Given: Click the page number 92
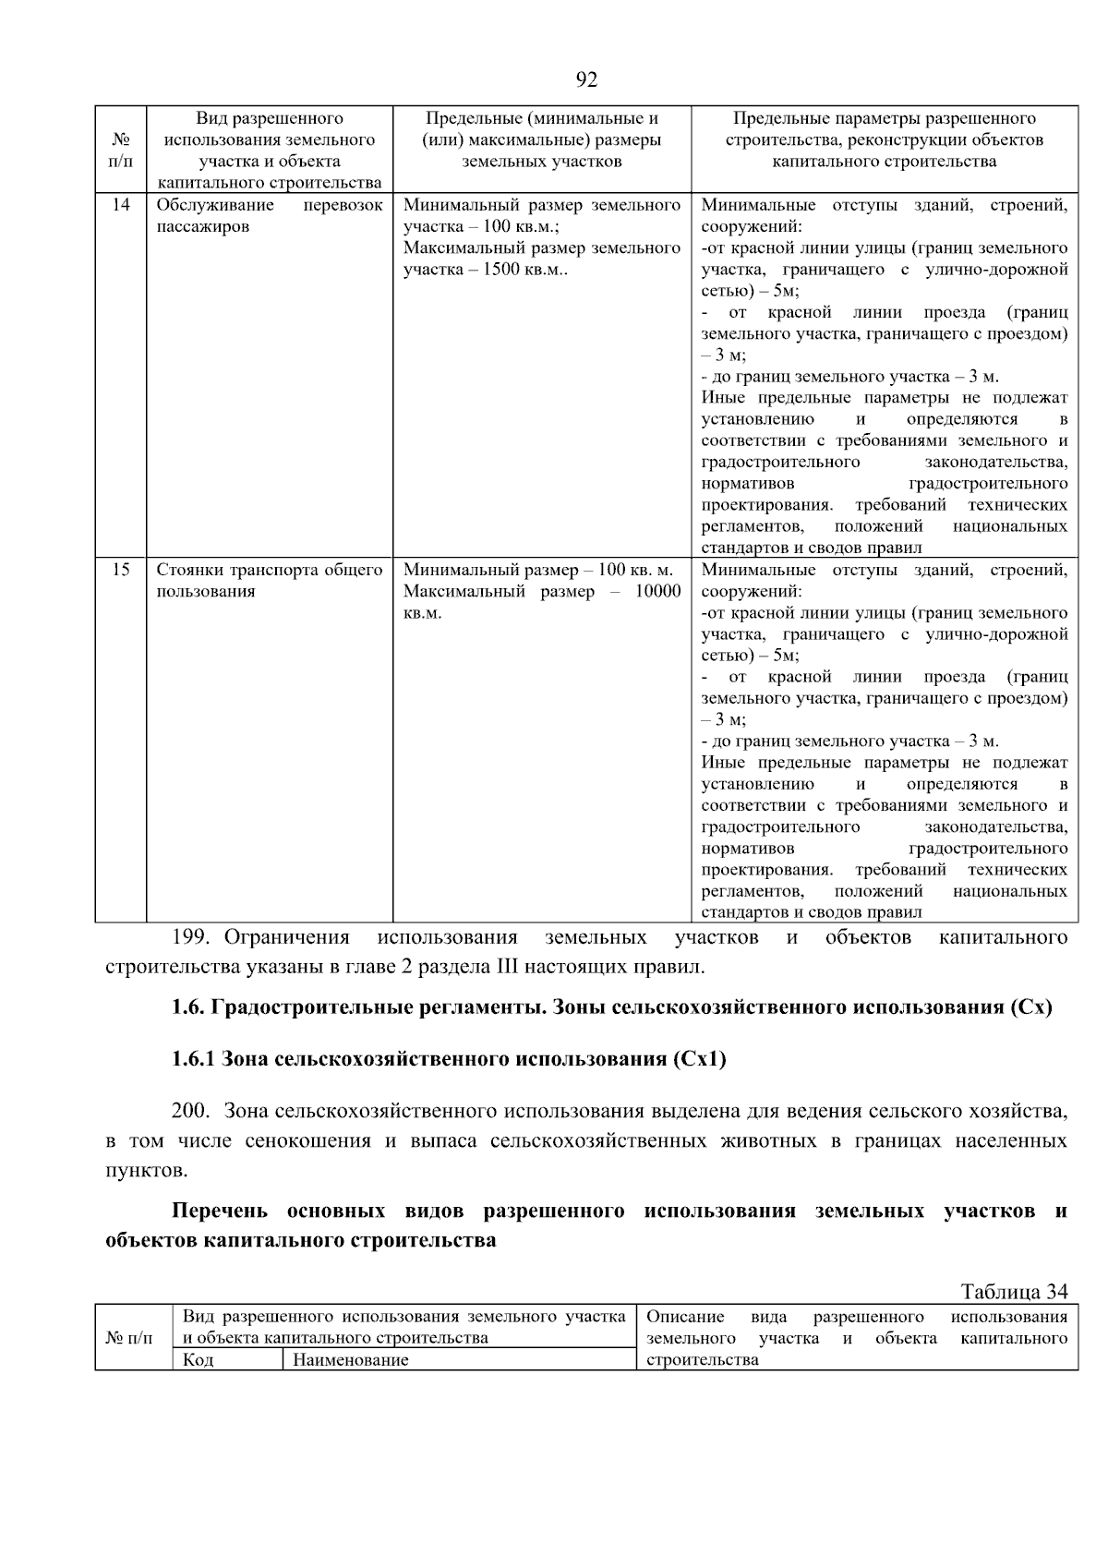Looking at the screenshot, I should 586,80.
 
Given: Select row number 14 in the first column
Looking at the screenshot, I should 121,205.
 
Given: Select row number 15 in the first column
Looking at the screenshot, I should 121,570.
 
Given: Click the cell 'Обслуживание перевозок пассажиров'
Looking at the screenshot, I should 269,216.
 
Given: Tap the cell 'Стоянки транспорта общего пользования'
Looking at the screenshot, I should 269,581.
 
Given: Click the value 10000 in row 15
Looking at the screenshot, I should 657,592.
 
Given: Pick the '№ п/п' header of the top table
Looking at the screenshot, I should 121,151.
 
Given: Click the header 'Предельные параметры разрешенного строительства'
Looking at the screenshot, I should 884,140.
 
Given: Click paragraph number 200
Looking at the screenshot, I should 191,1111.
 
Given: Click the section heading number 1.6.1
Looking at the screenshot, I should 193,1059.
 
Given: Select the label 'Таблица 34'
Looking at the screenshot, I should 1014,1292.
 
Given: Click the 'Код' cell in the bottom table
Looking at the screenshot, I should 198,1360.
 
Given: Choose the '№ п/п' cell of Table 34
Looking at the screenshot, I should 130,1338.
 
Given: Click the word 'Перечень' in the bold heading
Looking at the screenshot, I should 220,1211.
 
